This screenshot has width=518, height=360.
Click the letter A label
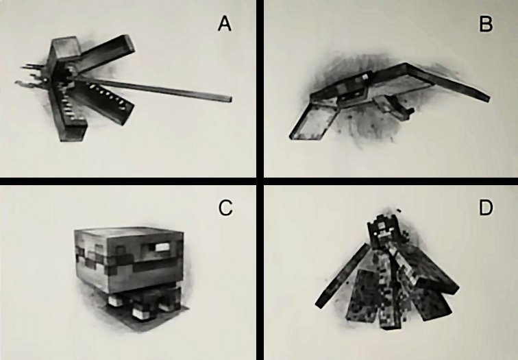point(225,24)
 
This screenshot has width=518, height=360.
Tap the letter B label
point(486,24)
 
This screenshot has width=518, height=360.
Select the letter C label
point(225,208)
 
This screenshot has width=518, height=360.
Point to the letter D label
point(486,208)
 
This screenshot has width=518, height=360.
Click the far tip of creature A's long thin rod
point(231,99)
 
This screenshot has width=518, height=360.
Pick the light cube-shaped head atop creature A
point(66,49)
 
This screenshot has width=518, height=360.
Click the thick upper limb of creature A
point(106,52)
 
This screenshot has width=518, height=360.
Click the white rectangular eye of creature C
point(162,247)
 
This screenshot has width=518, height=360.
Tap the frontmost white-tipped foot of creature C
point(141,313)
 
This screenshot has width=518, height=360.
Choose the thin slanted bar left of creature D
point(343,276)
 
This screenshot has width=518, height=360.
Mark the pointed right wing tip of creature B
point(487,98)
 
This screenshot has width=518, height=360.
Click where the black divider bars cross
point(260,181)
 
